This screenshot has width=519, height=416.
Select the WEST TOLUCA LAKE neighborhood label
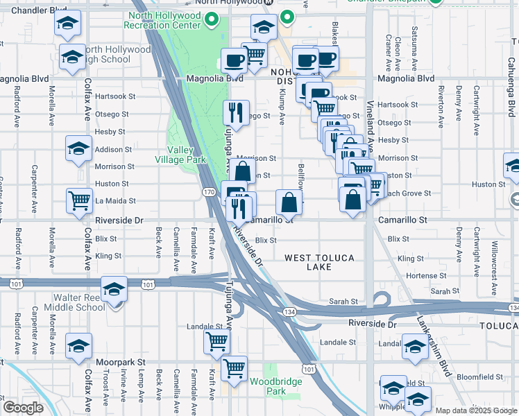tap(319, 262)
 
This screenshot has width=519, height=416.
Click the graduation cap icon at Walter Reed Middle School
tap(114, 290)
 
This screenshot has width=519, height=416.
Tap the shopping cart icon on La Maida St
tap(80, 200)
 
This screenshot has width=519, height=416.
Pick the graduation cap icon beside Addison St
tap(79, 148)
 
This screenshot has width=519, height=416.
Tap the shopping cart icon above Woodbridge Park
tap(234, 368)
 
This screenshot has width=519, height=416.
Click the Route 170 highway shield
tap(208, 191)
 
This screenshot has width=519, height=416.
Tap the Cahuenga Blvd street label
tap(511, 97)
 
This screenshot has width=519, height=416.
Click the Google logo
tap(23, 407)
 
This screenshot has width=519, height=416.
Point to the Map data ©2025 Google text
tap(475, 410)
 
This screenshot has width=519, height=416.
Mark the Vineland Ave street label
tap(370, 135)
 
